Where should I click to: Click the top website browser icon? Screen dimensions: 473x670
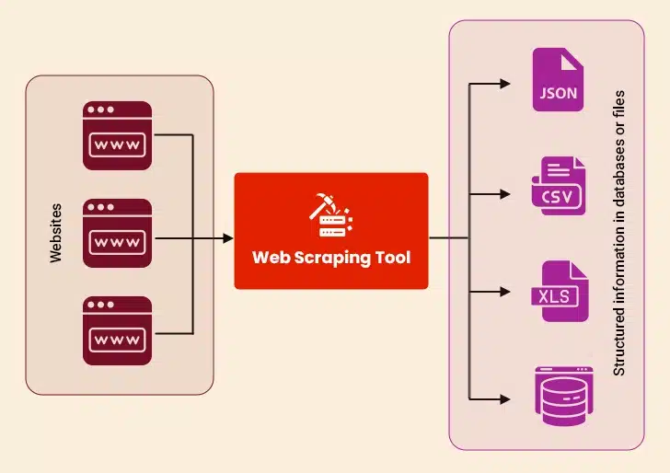point(118,136)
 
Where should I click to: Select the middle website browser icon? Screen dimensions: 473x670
point(118,233)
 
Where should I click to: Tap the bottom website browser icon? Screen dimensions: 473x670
point(118,330)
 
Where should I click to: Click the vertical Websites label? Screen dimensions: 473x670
point(56,233)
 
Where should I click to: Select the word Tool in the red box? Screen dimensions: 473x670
point(392,258)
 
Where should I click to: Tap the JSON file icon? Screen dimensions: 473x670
point(558,80)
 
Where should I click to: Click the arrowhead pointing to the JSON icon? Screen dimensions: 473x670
point(504,83)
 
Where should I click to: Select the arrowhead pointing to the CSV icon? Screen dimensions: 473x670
point(504,194)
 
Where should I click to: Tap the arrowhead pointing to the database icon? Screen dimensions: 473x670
point(504,399)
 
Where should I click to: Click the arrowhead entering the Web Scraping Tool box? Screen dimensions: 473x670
point(227,238)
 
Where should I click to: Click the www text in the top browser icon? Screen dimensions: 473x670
point(118,144)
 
